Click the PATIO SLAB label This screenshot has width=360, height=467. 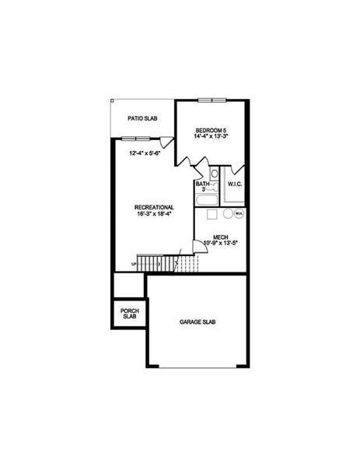coord(143,119)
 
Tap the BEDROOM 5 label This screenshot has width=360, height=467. coord(211,129)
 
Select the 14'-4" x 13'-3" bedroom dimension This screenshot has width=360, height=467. coord(211,137)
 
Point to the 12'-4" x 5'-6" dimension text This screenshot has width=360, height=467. coord(145,153)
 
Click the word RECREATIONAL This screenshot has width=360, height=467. coord(153,207)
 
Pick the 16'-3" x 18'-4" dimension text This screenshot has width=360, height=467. coord(153,214)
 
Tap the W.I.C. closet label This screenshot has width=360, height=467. coord(236,184)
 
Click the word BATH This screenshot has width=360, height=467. coord(202,184)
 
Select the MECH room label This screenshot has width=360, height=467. coord(219,236)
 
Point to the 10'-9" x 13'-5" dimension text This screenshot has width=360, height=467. coord(219,243)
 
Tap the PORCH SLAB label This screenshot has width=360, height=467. coord(130,314)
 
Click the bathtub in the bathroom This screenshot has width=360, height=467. coord(208,201)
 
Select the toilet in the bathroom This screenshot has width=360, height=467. coord(213,175)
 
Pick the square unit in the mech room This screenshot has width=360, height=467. coord(209,213)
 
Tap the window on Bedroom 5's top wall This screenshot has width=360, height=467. coord(211,100)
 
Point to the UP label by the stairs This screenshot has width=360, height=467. coord(134,264)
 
